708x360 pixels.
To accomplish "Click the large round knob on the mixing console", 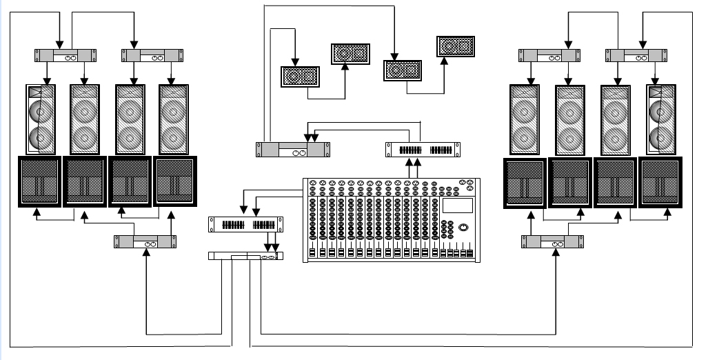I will tap(464, 228).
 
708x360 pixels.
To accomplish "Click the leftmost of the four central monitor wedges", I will tap(299, 76).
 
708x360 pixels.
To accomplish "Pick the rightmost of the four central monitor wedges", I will tap(456, 46).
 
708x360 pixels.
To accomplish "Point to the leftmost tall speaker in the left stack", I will tap(41, 119).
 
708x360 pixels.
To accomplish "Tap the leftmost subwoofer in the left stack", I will tap(39, 182).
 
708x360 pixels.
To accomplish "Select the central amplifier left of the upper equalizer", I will tap(292, 150).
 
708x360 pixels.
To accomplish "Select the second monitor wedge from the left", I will tap(351, 54).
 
